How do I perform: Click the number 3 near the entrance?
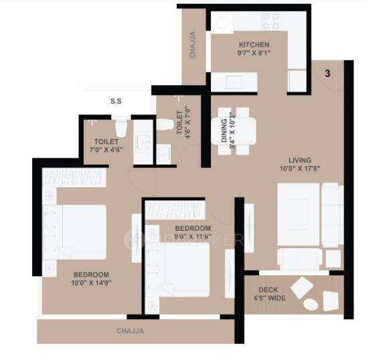coord(328,74)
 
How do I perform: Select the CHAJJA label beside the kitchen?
coord(193,45)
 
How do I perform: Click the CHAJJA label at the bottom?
coord(130,331)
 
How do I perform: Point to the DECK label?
coord(269,290)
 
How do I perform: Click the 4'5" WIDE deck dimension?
coord(269,298)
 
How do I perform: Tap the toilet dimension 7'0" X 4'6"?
coord(107,151)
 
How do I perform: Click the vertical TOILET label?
coord(180,123)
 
